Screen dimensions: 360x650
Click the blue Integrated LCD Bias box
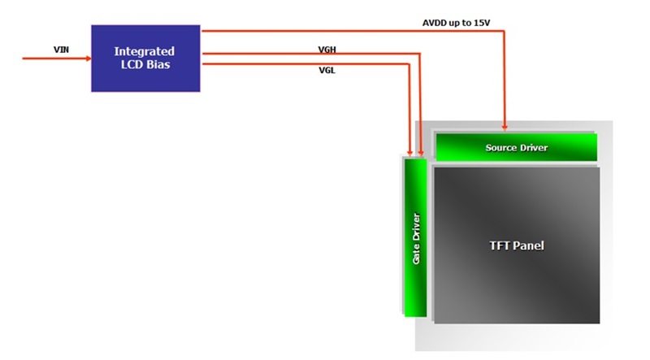click(145, 58)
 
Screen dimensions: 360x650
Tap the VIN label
click(61, 50)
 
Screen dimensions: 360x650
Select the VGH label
click(327, 50)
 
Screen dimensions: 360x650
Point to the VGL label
click(327, 70)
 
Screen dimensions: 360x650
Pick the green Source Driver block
click(516, 147)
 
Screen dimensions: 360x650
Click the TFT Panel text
click(517, 245)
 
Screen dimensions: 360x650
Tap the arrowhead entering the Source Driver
click(505, 128)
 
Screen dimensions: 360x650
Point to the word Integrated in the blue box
click(145, 51)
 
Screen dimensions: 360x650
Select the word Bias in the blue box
click(159, 64)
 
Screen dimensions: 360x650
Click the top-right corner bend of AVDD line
click(505, 31)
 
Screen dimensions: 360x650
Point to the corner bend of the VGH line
click(420, 54)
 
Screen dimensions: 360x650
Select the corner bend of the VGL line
click(409, 63)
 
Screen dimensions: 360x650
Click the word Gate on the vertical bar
click(416, 251)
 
